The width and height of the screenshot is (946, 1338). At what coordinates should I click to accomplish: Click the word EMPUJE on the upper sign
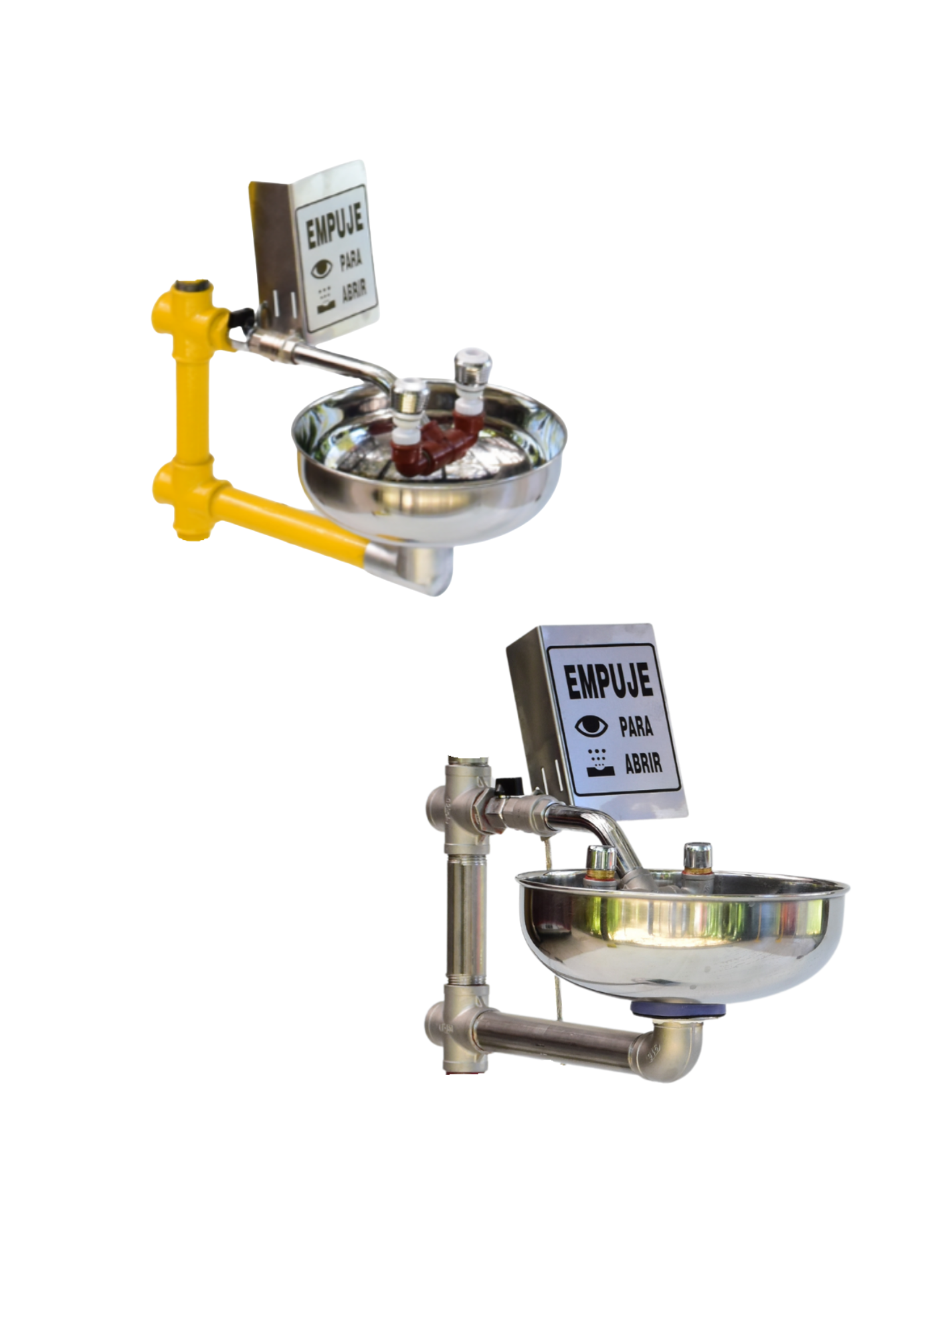pos(335,225)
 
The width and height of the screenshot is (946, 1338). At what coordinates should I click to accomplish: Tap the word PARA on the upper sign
pos(351,260)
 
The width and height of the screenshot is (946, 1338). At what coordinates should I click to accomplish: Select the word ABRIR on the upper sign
pos(354,292)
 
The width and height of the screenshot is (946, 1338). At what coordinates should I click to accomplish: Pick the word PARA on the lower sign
pos(636,727)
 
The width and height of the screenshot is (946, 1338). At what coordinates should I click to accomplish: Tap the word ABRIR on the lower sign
pos(643,763)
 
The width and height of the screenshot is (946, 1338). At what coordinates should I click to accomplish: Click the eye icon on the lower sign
pos(591,725)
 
